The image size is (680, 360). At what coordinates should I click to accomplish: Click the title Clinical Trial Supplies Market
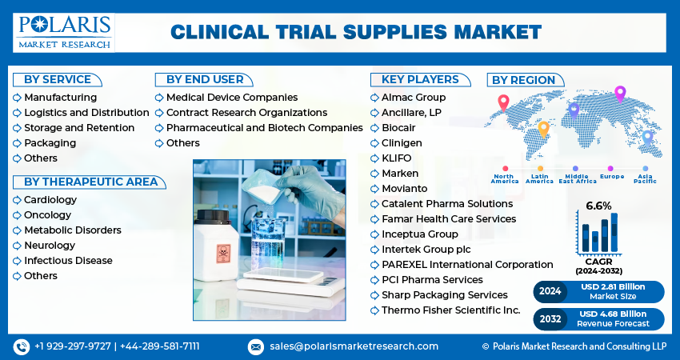356,32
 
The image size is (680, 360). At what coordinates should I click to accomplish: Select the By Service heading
56,79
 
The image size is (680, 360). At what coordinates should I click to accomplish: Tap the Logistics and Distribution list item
86,113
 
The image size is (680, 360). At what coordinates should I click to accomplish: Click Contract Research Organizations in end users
246,113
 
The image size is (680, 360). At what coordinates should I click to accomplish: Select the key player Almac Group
414,98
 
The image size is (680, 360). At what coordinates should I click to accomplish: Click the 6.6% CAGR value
598,206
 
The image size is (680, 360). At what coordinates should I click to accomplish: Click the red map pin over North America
503,102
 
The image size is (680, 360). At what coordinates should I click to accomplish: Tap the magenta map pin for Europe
619,93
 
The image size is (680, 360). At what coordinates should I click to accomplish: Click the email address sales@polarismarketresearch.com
353,346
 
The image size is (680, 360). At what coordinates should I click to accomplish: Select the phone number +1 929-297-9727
73,346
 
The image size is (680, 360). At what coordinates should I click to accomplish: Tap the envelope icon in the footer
255,346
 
